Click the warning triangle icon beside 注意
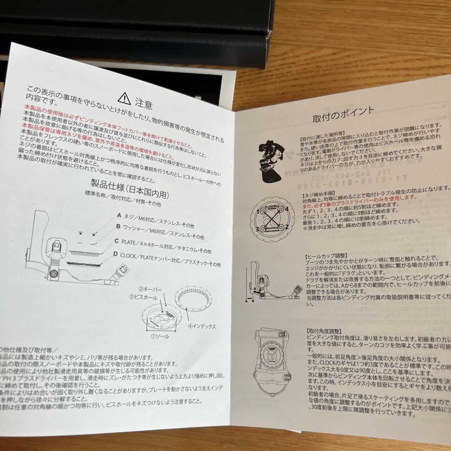tap(124, 99)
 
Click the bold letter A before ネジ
tap(119, 216)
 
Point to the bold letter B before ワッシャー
tap(118, 227)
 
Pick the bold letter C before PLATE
tap(117, 241)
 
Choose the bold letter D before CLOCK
tap(115, 253)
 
